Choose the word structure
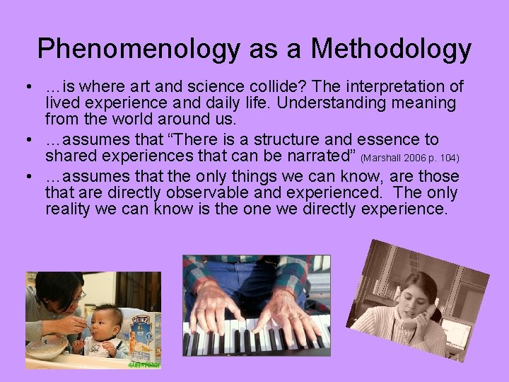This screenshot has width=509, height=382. point(303,139)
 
